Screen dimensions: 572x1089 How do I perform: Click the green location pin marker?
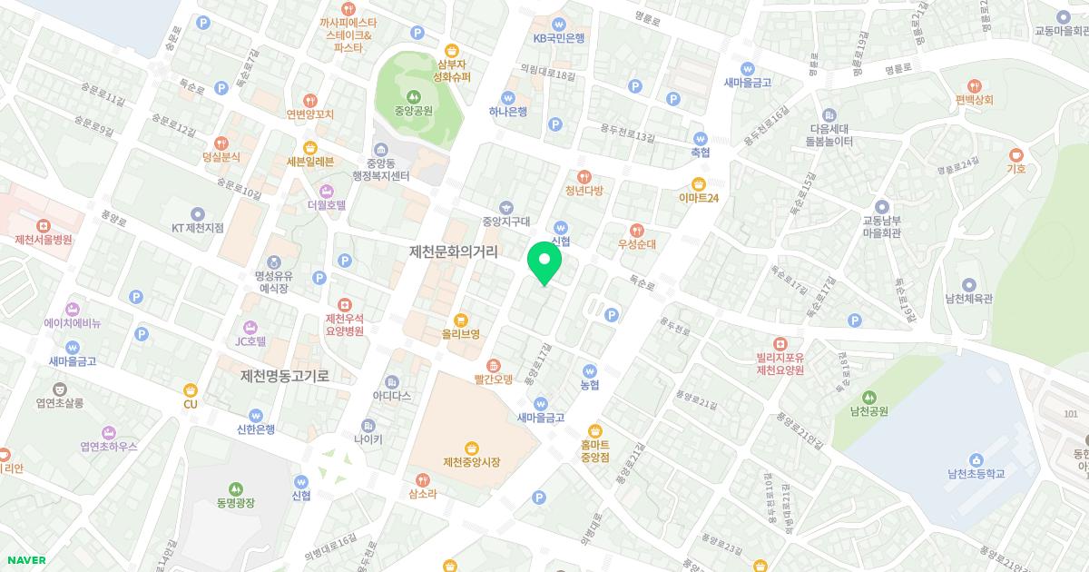(x=544, y=263)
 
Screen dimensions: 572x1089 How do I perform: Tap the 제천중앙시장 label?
(x=472, y=462)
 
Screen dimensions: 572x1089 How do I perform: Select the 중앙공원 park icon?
(x=413, y=95)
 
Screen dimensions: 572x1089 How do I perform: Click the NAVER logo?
(x=25, y=560)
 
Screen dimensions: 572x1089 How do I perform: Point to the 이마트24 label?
(x=699, y=198)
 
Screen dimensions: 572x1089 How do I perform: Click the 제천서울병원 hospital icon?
(x=43, y=225)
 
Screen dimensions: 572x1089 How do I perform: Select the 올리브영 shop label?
(x=461, y=334)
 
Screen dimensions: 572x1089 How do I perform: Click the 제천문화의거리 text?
(x=454, y=251)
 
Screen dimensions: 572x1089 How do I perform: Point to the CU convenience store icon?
(x=190, y=390)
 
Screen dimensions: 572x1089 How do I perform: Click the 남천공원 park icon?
(x=869, y=397)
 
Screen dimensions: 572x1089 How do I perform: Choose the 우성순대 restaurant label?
(x=637, y=244)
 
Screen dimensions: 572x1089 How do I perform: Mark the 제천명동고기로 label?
(x=285, y=375)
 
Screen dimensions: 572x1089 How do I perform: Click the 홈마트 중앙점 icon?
(x=595, y=430)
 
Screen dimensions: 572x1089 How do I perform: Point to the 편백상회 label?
(x=974, y=100)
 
